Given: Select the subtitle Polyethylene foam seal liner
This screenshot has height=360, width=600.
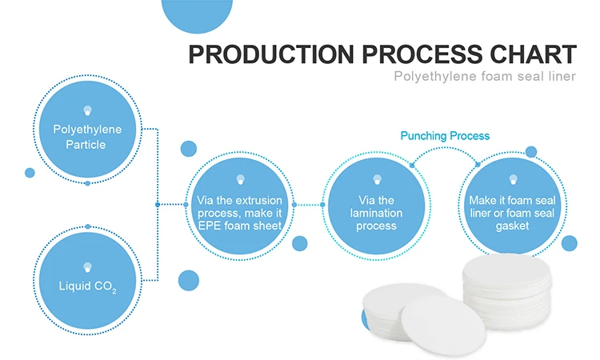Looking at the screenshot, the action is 485,77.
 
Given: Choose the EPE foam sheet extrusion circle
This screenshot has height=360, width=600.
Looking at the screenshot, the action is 239,205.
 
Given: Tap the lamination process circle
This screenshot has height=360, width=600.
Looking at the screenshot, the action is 376,205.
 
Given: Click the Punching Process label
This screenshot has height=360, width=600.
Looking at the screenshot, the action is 445,136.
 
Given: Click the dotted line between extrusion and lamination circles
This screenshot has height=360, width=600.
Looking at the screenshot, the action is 308,205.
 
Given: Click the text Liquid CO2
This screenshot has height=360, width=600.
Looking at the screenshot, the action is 87,286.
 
